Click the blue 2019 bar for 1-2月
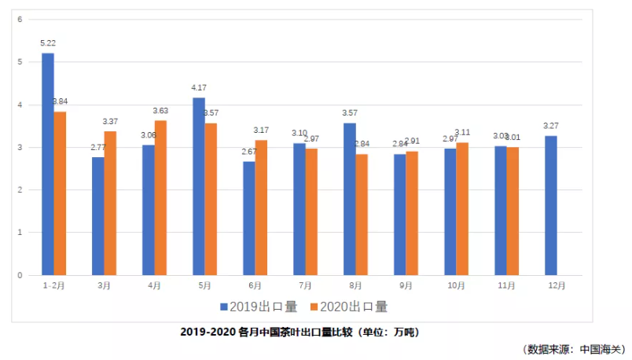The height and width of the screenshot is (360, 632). click(x=48, y=163)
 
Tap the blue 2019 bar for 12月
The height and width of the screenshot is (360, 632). click(x=550, y=205)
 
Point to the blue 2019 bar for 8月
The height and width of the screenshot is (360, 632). click(x=349, y=199)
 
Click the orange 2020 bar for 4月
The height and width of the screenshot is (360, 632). click(x=160, y=197)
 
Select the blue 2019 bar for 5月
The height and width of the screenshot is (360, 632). click(x=198, y=186)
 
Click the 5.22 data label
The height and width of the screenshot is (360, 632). click(x=48, y=43)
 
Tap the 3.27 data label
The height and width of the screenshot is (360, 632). click(x=550, y=126)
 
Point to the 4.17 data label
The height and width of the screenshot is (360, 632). click(x=198, y=88)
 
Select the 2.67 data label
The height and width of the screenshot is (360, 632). click(x=249, y=152)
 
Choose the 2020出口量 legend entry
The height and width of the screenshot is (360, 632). click(x=350, y=307)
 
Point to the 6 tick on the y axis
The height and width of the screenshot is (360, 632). click(x=20, y=19)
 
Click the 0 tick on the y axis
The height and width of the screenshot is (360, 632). click(x=20, y=275)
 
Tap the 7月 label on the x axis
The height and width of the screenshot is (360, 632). click(x=306, y=286)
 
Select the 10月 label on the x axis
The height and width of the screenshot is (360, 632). click(x=456, y=286)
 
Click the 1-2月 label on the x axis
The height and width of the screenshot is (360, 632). click(x=53, y=286)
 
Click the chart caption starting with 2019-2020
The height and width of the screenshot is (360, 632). click(x=299, y=332)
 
